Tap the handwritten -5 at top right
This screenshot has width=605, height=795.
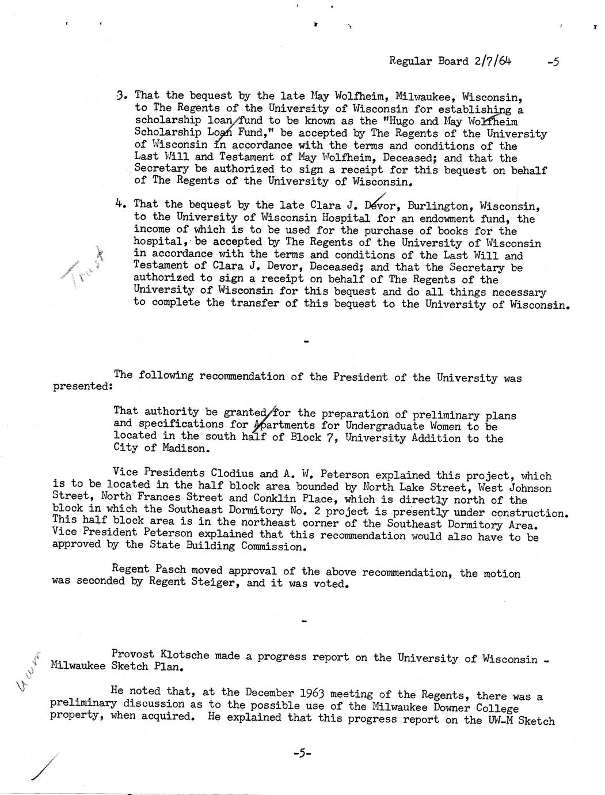pos(553,62)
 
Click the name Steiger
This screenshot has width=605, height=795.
pos(220,583)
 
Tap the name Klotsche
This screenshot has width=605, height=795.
pos(184,656)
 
